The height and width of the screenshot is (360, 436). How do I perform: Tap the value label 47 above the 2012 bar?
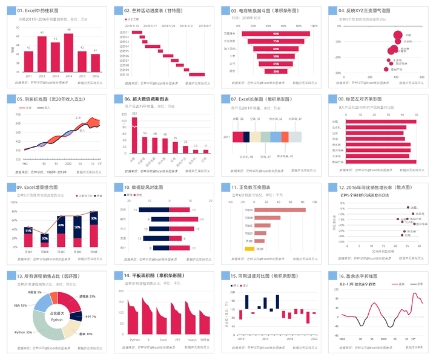point(42,33)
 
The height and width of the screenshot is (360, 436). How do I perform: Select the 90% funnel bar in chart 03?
point(276,34)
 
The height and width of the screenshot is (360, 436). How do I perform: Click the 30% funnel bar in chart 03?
point(276,70)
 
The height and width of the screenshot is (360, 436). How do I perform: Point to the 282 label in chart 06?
point(134,114)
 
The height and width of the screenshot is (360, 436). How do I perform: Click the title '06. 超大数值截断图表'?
point(151,99)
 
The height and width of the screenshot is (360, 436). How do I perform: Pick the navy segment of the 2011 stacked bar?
point(247,137)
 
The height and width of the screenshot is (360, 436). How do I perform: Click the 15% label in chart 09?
point(28,231)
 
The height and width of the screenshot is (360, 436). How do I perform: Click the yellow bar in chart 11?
point(249,249)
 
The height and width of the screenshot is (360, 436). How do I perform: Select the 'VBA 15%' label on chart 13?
point(20,306)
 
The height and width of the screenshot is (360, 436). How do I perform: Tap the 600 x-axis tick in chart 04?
point(415,78)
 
